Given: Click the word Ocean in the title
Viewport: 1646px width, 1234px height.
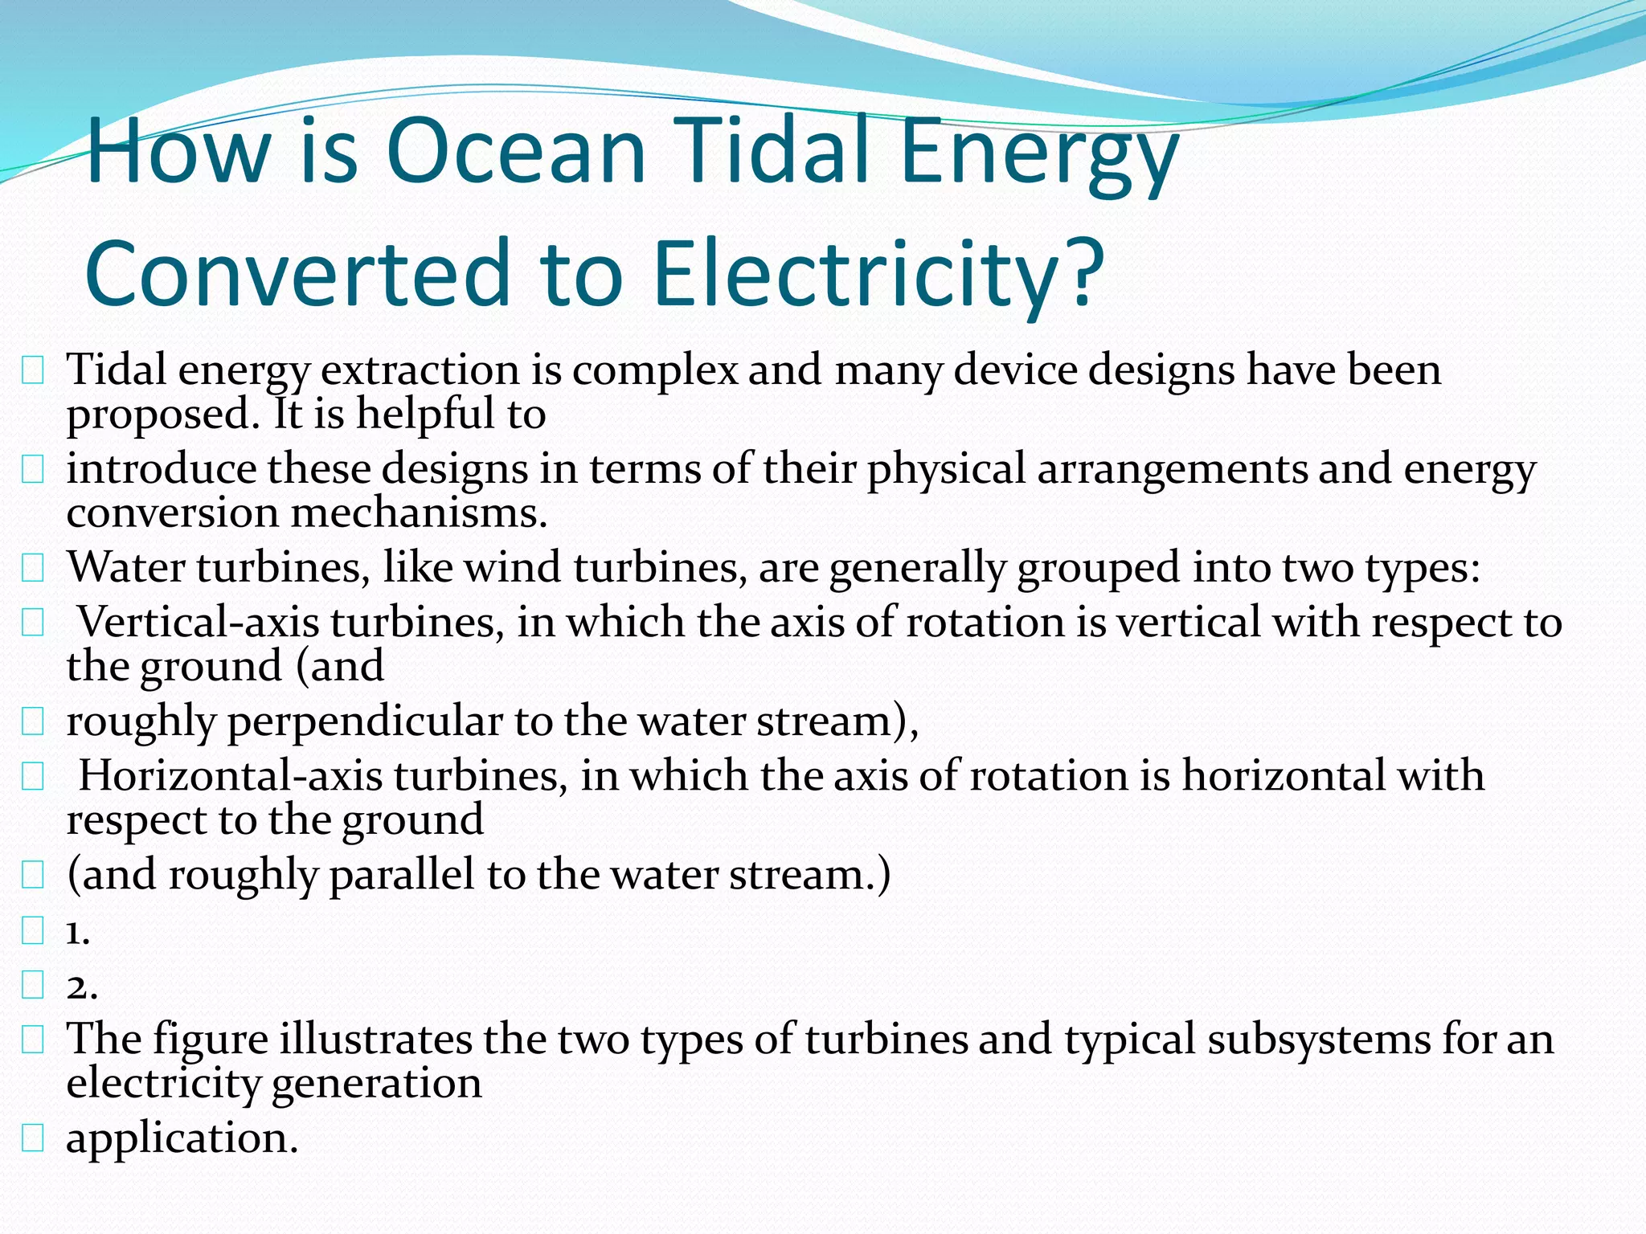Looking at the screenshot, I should (515, 152).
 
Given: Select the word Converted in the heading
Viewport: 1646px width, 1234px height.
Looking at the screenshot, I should (298, 273).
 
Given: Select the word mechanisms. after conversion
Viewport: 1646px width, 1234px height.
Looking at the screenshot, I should (418, 513).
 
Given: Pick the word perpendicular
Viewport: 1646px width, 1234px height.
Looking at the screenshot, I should (365, 721).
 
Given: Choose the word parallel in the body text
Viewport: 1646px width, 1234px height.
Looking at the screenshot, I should (402, 875).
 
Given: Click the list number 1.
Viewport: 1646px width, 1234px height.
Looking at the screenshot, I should (78, 932).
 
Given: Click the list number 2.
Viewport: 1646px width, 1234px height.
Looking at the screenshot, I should (81, 986).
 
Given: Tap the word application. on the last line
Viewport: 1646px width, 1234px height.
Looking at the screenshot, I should (182, 1138).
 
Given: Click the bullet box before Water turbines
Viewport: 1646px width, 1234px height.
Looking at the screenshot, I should (32, 569).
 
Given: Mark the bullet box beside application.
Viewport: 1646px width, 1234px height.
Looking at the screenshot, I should (32, 1138).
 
